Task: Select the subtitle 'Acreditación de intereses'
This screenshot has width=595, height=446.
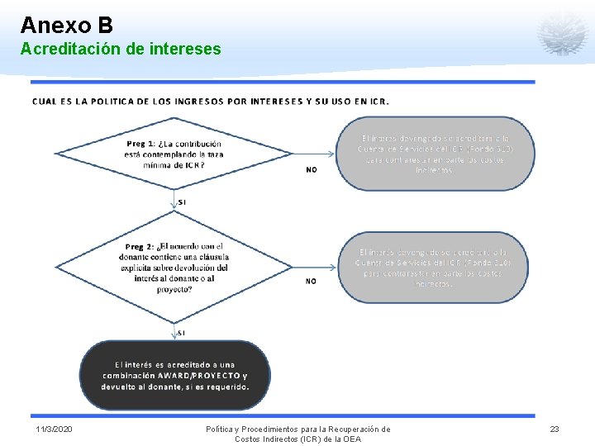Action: point(121,50)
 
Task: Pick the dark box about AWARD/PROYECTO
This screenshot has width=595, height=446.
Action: point(175,375)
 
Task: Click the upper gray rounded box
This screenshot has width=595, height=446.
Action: point(434,154)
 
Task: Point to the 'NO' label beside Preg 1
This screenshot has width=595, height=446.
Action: point(311,169)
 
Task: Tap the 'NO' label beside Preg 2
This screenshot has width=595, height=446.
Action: point(311,281)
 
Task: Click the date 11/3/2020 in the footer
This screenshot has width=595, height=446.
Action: point(54,429)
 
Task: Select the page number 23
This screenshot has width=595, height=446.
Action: point(555,429)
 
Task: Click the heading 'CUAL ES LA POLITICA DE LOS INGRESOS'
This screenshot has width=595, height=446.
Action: point(210,102)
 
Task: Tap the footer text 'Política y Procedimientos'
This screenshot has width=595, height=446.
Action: point(297,429)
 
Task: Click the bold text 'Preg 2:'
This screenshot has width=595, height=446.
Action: point(140,246)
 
